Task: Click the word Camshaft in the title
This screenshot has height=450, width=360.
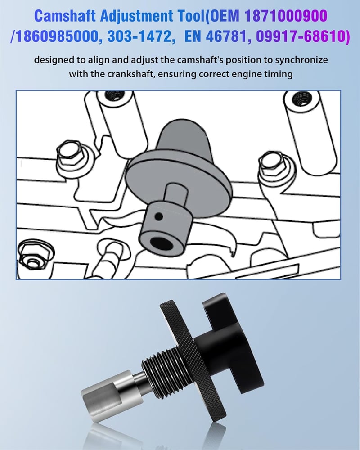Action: (x=65, y=16)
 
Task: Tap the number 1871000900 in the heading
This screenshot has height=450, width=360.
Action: (x=286, y=16)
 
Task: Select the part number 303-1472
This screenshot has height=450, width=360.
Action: (x=141, y=36)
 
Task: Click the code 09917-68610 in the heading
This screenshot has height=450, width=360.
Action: (x=303, y=36)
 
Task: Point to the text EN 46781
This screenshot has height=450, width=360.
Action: (x=215, y=36)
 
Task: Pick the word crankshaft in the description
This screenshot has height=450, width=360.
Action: (x=131, y=74)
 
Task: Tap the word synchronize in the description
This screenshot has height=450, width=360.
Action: (x=301, y=60)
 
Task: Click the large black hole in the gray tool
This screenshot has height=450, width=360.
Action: (x=161, y=243)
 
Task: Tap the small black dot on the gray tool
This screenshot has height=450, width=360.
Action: (x=158, y=217)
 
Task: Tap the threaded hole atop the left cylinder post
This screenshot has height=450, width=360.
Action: (x=115, y=95)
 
